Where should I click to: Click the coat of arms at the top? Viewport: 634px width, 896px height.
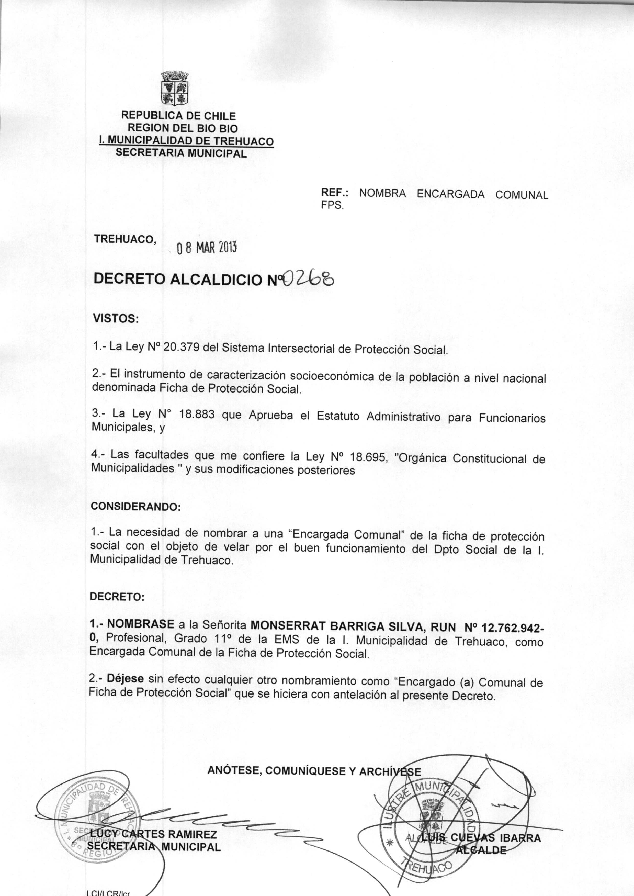175,88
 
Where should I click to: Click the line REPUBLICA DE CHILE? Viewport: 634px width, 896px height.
178,116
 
